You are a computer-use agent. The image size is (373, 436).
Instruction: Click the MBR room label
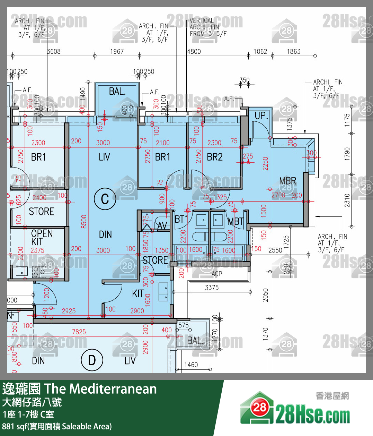pos(287,181)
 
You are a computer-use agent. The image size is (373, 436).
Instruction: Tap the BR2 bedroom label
pos(215,157)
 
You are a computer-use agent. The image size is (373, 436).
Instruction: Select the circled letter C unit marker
pos(105,199)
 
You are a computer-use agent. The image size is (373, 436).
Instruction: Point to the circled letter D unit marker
pos(92,360)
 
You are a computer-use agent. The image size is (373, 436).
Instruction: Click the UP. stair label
pos(261,116)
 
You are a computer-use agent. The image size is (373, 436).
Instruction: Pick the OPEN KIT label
pos(42,238)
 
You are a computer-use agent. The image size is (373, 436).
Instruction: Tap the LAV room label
pos(160,226)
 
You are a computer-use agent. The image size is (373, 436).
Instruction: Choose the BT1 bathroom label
pos(181,219)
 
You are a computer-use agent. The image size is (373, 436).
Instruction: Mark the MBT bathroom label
pos(236,221)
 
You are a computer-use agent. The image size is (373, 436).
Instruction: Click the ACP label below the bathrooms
pos(217,274)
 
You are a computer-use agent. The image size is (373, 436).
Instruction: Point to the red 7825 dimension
pos(79,332)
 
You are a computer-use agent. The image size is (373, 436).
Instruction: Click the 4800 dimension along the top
pos(194,51)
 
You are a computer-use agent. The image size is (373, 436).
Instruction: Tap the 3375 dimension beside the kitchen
pos(212,288)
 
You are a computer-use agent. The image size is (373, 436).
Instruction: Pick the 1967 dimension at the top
pos(117,51)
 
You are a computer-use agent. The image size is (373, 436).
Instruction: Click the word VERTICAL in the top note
pos(202,20)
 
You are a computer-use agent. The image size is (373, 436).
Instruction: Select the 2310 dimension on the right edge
pos(347,200)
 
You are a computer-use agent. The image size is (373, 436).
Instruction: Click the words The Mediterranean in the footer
pos(100,389)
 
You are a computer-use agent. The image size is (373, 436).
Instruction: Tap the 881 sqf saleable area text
pos(57,426)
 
